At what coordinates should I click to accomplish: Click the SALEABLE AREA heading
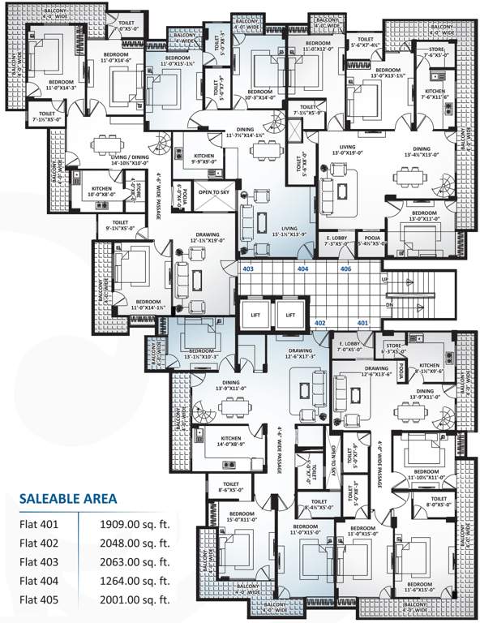67,497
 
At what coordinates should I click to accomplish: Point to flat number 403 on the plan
248,268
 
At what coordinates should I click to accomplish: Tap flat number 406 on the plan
345,268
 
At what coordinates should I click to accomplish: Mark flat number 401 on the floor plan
363,323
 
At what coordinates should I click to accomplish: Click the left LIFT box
254,315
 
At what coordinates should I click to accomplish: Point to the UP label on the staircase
385,280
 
